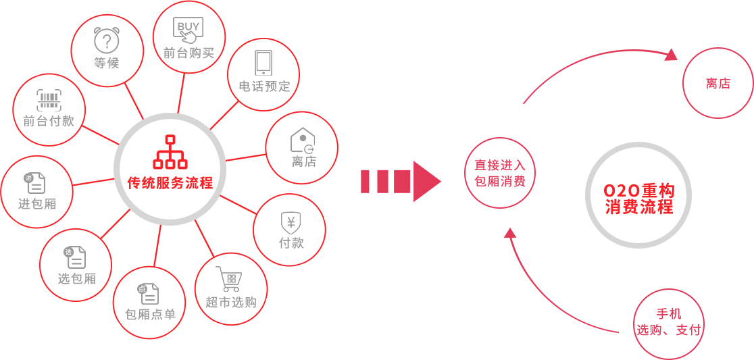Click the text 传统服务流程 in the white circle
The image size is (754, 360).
tap(170, 182)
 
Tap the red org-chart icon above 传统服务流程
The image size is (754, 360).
tap(170, 152)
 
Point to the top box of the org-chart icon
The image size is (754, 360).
tap(170, 140)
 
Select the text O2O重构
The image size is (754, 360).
tap(638, 191)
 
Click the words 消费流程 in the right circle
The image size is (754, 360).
tap(638, 207)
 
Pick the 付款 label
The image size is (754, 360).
tap(291, 242)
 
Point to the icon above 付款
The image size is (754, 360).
tap(291, 222)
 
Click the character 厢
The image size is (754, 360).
tap(49, 203)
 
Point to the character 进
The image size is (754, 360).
tap(24, 203)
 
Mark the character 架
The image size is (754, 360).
tap(208, 53)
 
